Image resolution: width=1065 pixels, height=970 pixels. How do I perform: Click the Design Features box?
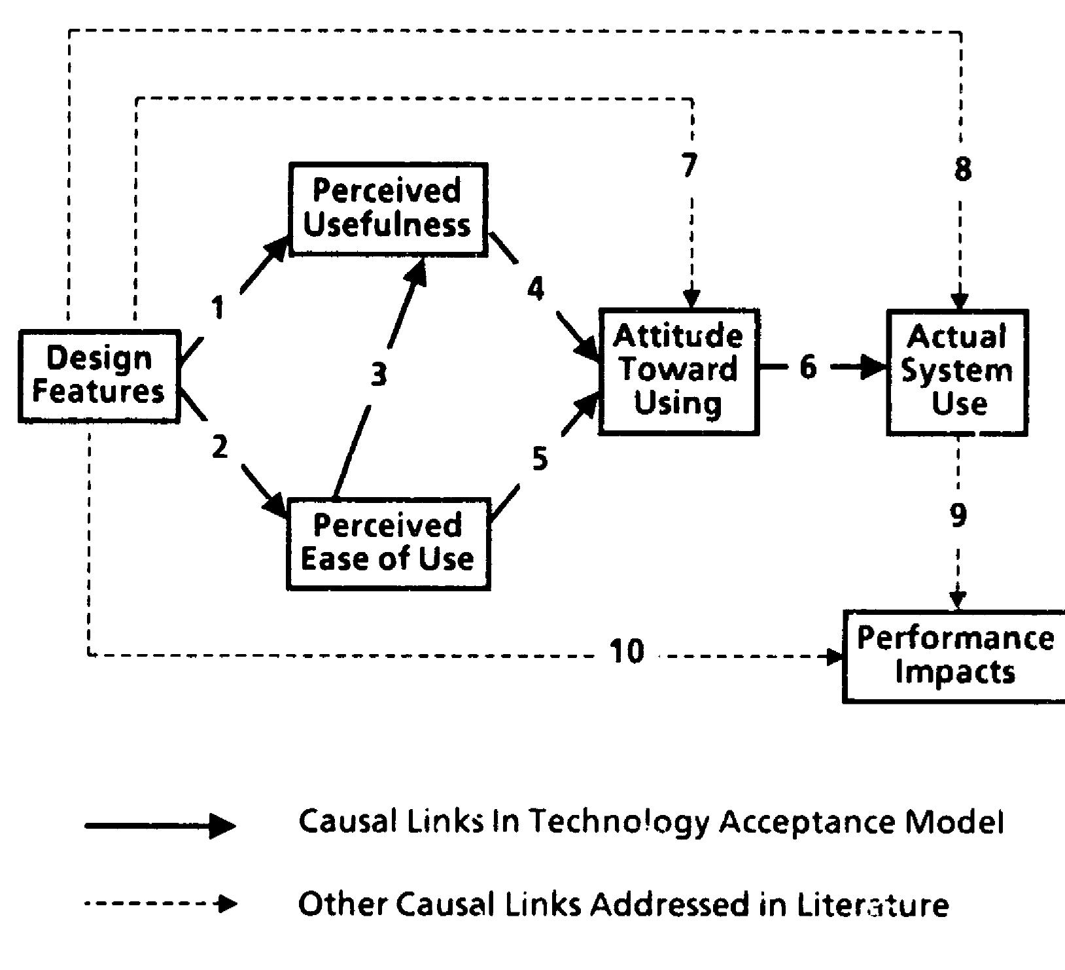coord(99,376)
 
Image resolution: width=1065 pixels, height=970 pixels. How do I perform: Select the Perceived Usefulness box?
coord(388,209)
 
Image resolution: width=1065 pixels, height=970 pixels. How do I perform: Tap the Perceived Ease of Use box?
coord(388,544)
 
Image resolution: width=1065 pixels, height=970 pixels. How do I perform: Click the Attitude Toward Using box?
coord(678,371)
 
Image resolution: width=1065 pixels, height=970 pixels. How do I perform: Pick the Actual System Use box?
coord(957,372)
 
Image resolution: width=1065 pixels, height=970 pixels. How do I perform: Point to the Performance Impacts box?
coord(955,656)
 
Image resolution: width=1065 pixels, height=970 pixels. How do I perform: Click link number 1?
coord(218,307)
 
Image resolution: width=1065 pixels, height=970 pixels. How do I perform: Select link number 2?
coord(220,447)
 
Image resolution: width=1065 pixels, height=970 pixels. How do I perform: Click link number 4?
coord(536,288)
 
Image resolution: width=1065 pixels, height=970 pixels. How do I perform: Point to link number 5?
coord(540,459)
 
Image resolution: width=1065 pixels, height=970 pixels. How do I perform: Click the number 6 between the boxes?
coord(809,367)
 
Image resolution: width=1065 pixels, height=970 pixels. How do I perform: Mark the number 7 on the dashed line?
coord(690,165)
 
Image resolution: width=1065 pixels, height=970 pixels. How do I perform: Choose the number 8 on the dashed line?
coord(962,169)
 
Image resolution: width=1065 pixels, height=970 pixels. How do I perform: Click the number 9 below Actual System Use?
coord(958,515)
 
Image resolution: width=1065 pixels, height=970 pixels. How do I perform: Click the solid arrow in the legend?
coord(160,825)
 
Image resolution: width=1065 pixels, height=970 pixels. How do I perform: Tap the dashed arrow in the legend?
coord(160,905)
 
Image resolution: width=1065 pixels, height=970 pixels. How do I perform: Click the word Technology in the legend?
coord(619,822)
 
